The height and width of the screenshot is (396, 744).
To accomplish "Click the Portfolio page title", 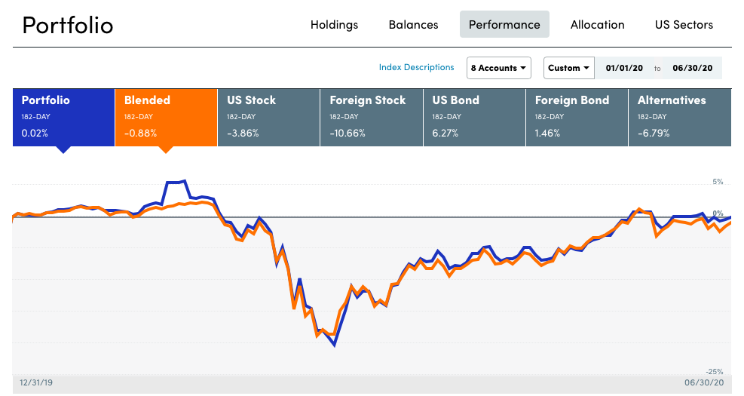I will (x=68, y=25).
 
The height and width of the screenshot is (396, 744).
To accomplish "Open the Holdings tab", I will (x=334, y=25).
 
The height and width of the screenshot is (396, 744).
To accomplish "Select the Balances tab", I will (x=413, y=25).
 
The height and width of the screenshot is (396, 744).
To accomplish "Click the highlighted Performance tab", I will (x=504, y=25).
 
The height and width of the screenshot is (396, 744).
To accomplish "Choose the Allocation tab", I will (x=597, y=25).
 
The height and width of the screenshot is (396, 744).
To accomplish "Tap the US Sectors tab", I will (x=684, y=25).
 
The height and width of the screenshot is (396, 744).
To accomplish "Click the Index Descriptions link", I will (x=416, y=67).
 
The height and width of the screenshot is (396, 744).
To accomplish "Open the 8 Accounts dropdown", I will (x=498, y=68).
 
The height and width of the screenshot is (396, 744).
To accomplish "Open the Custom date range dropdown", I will (x=568, y=68).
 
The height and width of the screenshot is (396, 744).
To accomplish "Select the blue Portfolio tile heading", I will (x=45, y=100).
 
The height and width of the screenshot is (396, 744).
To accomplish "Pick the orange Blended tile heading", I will (x=147, y=100).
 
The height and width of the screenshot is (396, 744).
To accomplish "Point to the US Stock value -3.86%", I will (x=243, y=134).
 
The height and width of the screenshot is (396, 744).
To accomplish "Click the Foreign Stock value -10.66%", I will (x=348, y=134).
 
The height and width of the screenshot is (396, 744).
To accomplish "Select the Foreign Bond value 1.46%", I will (x=548, y=134).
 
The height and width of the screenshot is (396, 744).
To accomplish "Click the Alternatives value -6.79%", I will (x=654, y=134).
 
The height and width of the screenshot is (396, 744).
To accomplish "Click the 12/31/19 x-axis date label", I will (x=36, y=383).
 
